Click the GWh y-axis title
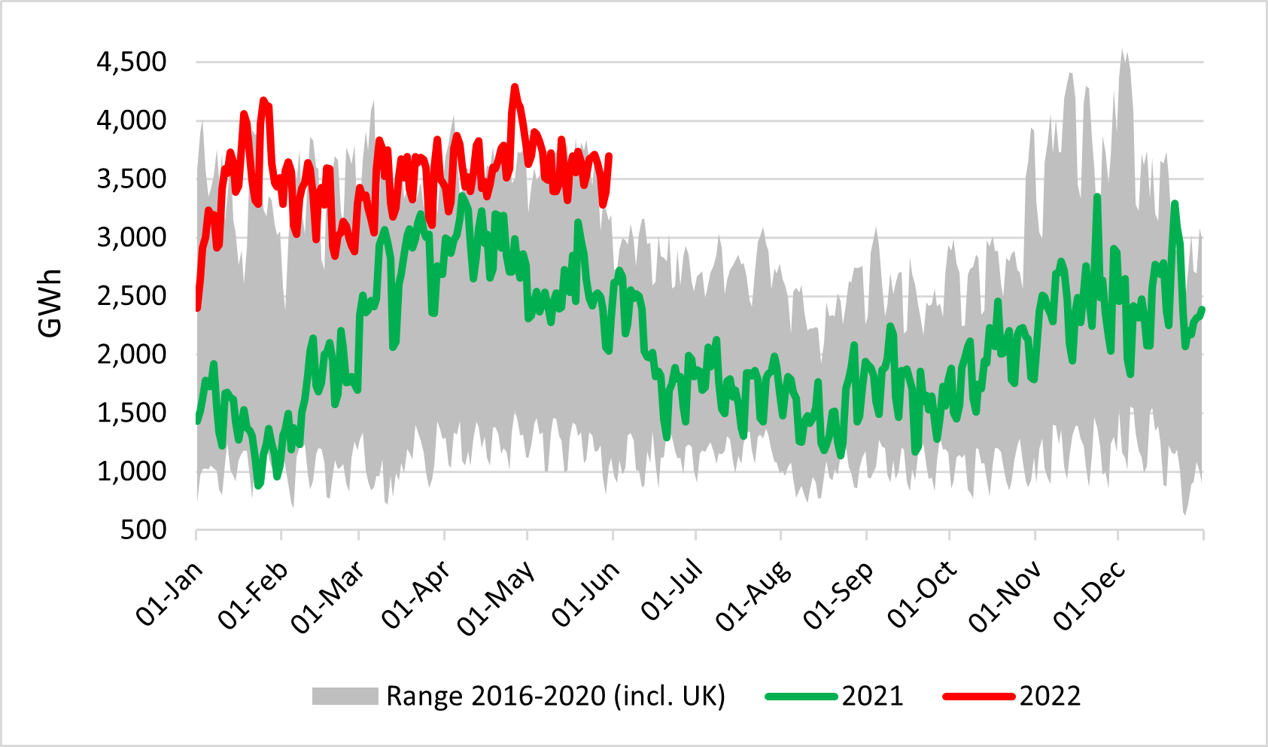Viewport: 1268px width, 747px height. [50, 303]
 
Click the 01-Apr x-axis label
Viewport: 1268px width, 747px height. [416, 595]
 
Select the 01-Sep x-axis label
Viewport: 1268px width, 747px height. [838, 595]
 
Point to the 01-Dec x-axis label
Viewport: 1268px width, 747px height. [1089, 595]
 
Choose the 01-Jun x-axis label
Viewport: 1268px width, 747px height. [585, 595]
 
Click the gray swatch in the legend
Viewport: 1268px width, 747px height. [345, 696]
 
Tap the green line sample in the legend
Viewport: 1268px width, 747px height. [801, 696]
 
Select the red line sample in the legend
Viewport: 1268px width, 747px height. [978, 696]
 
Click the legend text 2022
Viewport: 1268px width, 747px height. [1050, 696]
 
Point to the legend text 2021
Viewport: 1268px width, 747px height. [872, 696]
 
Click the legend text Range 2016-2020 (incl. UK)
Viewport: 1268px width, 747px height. [555, 696]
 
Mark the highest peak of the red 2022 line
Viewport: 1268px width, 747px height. [515, 87]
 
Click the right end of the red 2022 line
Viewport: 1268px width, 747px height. [609, 156]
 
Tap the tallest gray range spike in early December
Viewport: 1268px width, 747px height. [1122, 51]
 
